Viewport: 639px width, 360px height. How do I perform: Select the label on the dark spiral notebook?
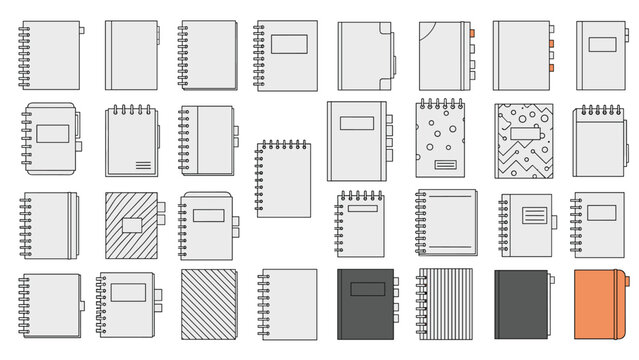[x=364, y=289]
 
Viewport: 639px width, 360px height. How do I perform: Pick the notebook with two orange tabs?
[x=521, y=55]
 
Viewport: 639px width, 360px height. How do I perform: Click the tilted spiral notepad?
[x=283, y=179]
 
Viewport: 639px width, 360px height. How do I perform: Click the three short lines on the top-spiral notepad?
[x=143, y=164]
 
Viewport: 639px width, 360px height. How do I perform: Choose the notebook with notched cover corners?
[x=598, y=141]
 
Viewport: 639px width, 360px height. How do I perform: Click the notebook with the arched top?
[x=207, y=226]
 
